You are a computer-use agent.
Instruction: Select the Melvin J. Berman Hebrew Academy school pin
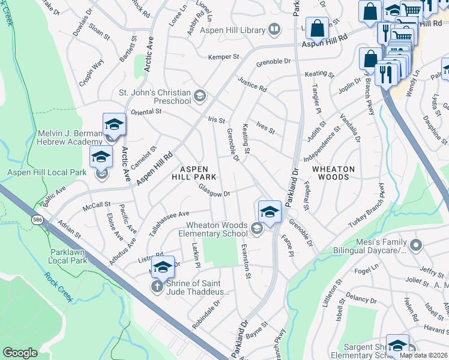(114, 124)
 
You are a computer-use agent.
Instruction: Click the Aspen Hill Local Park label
(47, 173)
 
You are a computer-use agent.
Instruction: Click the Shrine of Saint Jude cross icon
(157, 287)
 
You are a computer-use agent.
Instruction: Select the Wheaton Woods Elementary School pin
(270, 212)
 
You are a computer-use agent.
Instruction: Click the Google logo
(20, 353)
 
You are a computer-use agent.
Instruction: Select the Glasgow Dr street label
(215, 194)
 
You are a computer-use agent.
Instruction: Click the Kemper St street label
(223, 57)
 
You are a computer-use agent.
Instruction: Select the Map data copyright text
(423, 355)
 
